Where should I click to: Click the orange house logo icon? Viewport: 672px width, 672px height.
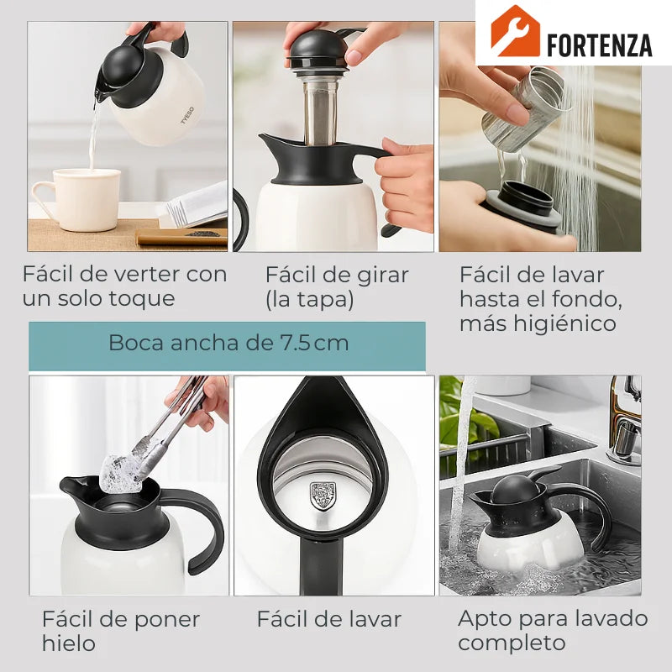tap(515, 31)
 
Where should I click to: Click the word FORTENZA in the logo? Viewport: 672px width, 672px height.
tap(600, 45)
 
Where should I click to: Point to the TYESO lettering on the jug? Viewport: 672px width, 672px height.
tap(187, 115)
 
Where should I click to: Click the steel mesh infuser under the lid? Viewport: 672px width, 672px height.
tap(321, 113)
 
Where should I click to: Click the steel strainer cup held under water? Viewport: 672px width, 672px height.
tap(523, 108)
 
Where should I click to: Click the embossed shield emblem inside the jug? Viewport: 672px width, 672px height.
tap(323, 496)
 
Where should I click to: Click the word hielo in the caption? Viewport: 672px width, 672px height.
tap(69, 643)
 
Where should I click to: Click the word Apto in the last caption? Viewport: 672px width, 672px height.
tap(486, 620)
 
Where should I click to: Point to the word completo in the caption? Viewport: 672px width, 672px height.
tap(512, 643)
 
